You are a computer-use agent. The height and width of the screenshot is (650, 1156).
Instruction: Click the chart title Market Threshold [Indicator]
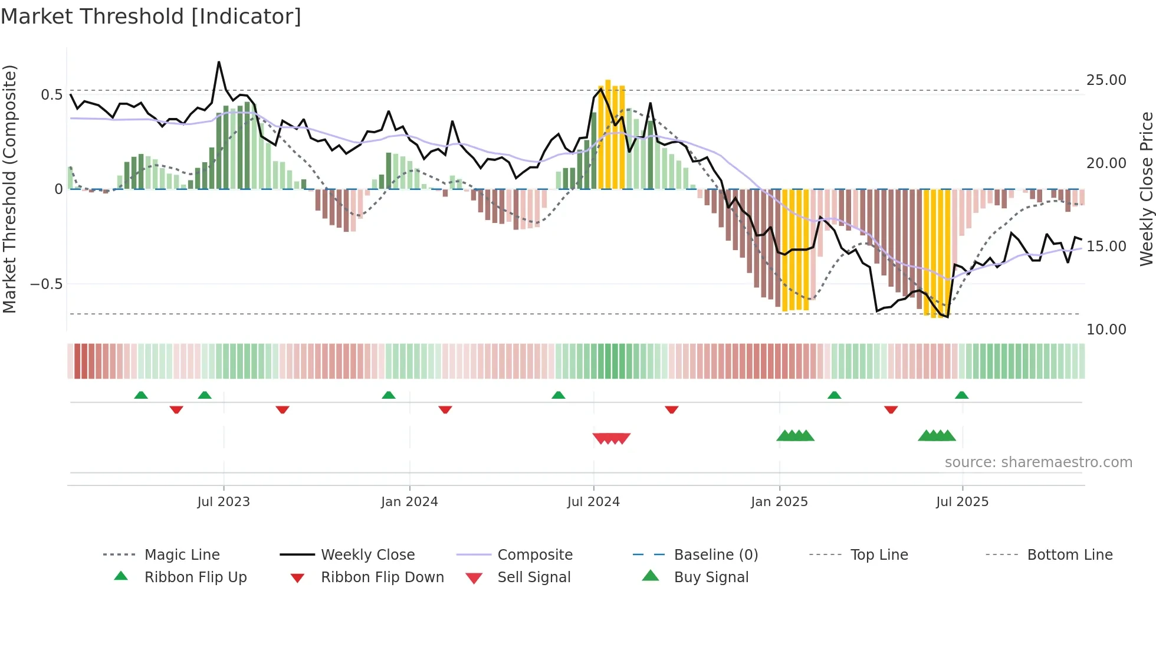pos(151,17)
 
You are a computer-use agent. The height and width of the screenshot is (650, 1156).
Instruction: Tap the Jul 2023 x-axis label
pos(224,502)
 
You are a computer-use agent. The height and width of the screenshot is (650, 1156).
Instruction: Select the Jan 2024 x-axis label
pos(409,502)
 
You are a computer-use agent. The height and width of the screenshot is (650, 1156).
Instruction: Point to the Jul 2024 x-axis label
pos(593,502)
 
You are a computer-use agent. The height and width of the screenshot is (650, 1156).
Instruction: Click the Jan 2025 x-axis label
pos(779,502)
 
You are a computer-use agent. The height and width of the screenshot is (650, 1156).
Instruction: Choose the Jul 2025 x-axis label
pos(962,502)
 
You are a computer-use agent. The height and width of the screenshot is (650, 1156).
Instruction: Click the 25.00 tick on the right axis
pos(1106,80)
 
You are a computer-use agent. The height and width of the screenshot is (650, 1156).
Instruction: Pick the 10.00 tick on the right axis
pos(1106,330)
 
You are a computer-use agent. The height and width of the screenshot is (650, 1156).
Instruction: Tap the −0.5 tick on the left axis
pos(47,284)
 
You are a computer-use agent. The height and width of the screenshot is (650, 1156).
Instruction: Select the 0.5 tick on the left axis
pos(51,95)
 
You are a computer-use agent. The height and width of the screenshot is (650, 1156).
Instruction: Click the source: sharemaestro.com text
pos(1038,462)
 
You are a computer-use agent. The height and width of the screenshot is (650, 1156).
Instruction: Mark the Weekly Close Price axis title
pos(1146,189)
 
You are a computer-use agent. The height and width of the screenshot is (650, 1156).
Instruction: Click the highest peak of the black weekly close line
pos(219,62)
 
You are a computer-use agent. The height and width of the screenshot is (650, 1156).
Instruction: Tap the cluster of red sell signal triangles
pos(612,438)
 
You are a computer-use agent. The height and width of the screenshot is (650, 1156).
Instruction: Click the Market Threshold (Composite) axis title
pos(9,189)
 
